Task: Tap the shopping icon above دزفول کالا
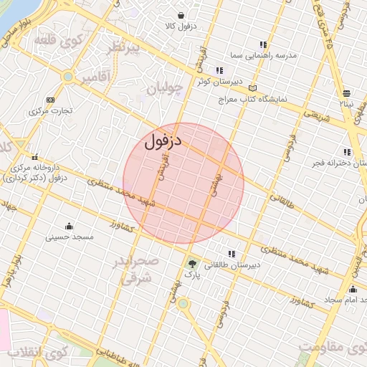click(x=180, y=15)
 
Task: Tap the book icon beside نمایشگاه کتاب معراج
click(x=252, y=87)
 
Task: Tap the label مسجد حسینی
click(x=70, y=237)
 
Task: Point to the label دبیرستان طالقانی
click(x=232, y=264)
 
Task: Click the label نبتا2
click(x=348, y=104)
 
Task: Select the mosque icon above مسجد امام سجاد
click(x=352, y=290)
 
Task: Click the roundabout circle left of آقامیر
click(x=68, y=76)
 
